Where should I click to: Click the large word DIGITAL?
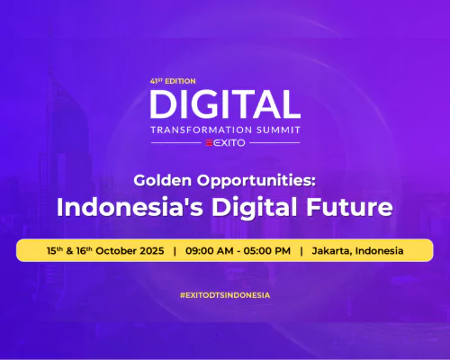225,103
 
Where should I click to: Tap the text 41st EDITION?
172,80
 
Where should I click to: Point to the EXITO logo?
225,142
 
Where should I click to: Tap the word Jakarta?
333,249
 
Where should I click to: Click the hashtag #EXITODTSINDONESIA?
225,294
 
